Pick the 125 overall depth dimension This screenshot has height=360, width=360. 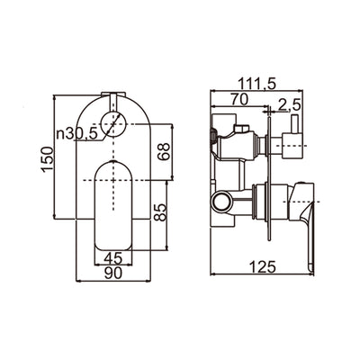tap(261, 267)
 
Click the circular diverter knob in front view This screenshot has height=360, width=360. tap(112, 125)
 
